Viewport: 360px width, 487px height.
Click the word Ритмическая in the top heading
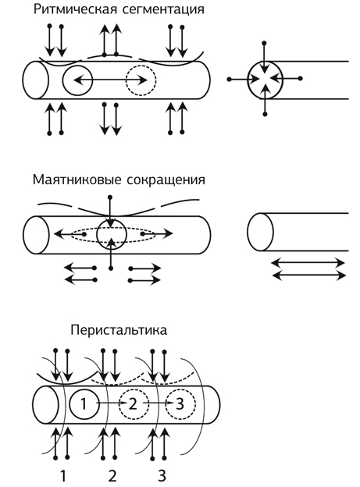(x=75, y=9)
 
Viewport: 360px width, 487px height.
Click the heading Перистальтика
(x=119, y=330)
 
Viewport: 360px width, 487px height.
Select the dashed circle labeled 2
(x=119, y=403)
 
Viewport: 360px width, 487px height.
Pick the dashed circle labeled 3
(x=166, y=403)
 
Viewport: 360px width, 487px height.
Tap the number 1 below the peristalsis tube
(x=62, y=475)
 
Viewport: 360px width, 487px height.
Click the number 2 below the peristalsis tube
(x=112, y=475)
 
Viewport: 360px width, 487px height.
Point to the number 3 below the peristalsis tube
(x=162, y=475)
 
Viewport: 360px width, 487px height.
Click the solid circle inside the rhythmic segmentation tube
(x=62, y=80)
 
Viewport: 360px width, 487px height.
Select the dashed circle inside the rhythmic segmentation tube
(x=127, y=80)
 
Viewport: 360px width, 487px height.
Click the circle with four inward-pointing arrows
(x=248, y=80)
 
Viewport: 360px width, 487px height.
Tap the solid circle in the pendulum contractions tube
(x=97, y=234)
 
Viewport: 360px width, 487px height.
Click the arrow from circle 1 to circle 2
(x=112, y=403)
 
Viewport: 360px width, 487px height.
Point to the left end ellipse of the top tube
(x=23, y=80)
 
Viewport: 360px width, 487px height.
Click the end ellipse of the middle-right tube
(x=248, y=232)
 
